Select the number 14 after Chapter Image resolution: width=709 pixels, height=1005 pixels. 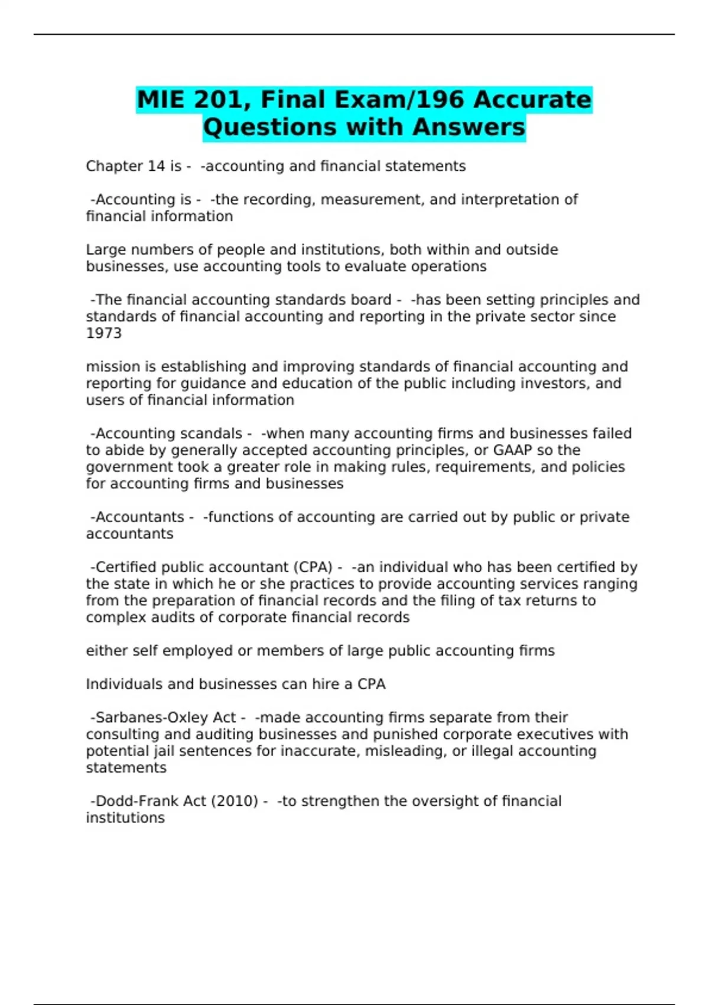156,166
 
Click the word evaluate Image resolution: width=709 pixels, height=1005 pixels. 376,267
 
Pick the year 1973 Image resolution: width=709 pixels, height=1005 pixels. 104,333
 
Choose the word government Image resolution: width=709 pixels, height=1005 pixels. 125,467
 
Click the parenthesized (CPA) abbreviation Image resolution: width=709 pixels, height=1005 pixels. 312,568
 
